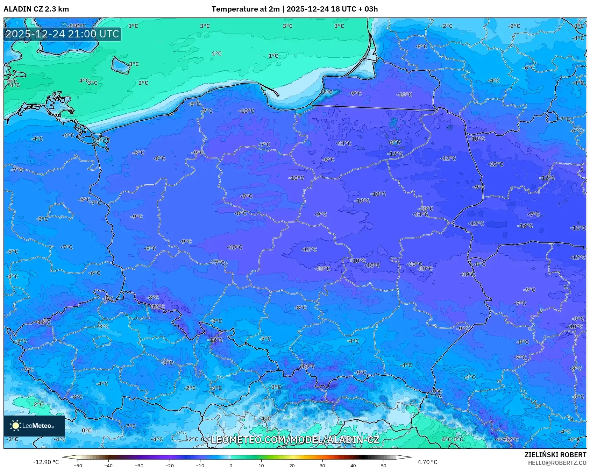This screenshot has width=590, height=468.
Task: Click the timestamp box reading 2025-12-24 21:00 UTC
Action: click(x=62, y=34)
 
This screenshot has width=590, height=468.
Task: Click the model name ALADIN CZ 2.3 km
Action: click(x=36, y=9)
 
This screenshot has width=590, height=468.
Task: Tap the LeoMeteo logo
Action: click(x=34, y=426)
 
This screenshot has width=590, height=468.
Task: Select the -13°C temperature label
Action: click(x=525, y=226)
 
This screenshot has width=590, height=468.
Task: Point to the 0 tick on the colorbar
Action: click(x=230, y=465)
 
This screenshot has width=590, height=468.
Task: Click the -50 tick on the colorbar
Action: click(x=78, y=465)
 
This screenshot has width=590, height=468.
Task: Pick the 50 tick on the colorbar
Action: click(x=384, y=465)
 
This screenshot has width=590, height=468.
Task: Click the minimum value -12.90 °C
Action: click(x=46, y=462)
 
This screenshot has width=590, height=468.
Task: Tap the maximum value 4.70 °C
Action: click(x=427, y=462)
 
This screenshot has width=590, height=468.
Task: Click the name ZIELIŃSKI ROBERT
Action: click(x=555, y=455)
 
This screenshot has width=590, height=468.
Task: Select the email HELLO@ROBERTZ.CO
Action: click(x=557, y=463)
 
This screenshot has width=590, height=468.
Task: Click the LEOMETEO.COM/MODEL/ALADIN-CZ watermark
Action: click(x=295, y=440)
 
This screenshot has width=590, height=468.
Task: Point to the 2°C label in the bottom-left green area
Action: click(x=38, y=404)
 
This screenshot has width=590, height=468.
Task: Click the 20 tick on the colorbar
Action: click(x=292, y=465)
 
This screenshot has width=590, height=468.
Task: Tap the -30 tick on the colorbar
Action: click(x=139, y=465)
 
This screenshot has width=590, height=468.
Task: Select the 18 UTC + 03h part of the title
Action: click(x=354, y=9)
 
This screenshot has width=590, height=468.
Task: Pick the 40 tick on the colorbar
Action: click(x=353, y=465)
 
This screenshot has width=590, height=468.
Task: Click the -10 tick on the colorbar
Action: click(x=200, y=465)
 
